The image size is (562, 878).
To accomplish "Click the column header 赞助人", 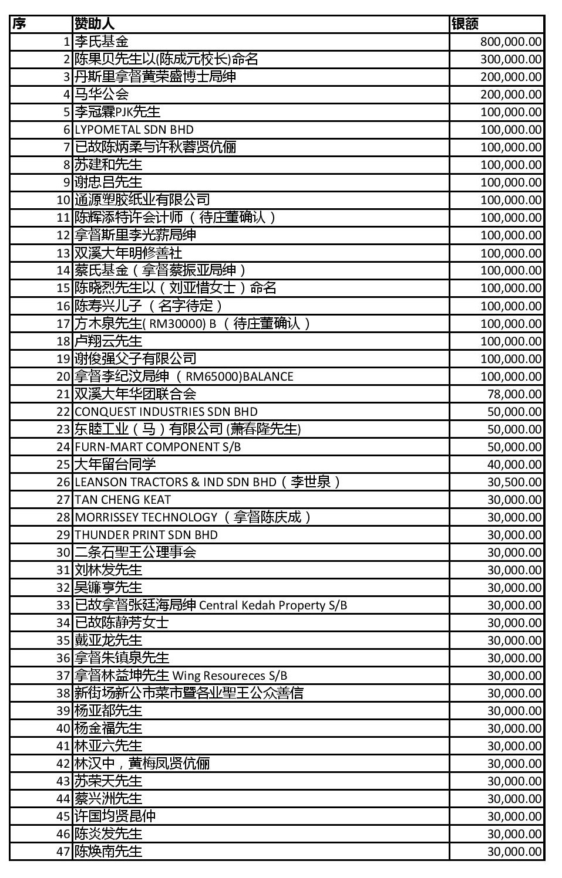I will coord(95,24).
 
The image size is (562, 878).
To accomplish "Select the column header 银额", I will coord(465,24).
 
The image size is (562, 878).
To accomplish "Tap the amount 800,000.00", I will coord(510,42).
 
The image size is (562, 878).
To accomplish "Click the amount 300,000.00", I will coord(510,59).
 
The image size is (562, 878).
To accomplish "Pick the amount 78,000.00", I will coord(514,394).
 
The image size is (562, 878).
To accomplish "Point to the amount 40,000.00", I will coord(514,465).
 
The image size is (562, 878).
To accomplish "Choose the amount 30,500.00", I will coord(514,482).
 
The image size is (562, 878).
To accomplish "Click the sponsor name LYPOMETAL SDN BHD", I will coord(134,130).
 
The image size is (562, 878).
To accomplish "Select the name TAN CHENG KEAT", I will coord(123,500).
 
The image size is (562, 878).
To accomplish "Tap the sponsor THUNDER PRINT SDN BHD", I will coord(146,535).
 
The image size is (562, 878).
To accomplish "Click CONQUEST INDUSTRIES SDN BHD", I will coord(166,412).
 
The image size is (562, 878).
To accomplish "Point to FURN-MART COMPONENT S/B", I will coord(157,447).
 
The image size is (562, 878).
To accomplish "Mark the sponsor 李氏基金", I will coord(102,42).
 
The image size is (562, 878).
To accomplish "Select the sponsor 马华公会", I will coord(102,94).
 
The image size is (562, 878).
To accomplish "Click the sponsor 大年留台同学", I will coord(115,465).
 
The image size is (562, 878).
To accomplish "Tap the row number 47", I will coord(63,852).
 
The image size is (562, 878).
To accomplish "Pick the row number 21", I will coord(63,394).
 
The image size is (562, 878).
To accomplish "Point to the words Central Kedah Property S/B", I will coord(273,605).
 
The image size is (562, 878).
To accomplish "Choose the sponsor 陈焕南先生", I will coord(109,852).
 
